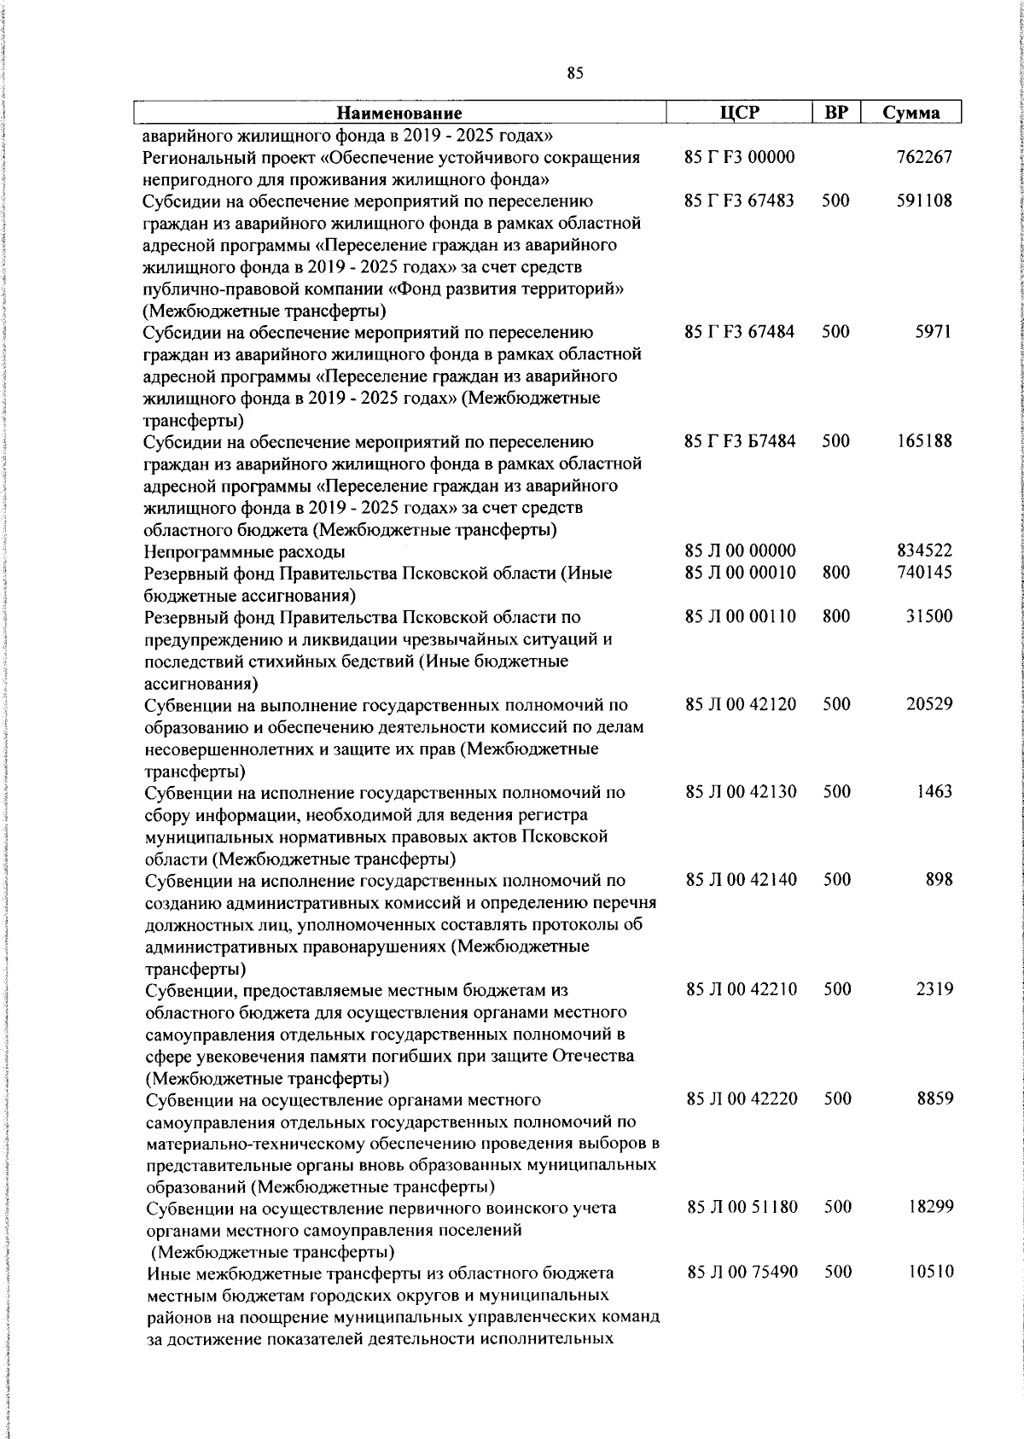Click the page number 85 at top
[574, 74]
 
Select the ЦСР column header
[738, 112]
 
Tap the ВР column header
[835, 112]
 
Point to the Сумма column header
[911, 113]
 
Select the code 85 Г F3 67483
[739, 201]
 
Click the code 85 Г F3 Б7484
[740, 441]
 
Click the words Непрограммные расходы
[244, 551]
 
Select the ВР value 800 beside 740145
[835, 572]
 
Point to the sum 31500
[928, 616]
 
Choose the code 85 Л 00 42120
[741, 704]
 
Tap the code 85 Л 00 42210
[742, 989]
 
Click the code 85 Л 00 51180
[742, 1207]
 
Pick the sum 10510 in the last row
[929, 1272]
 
